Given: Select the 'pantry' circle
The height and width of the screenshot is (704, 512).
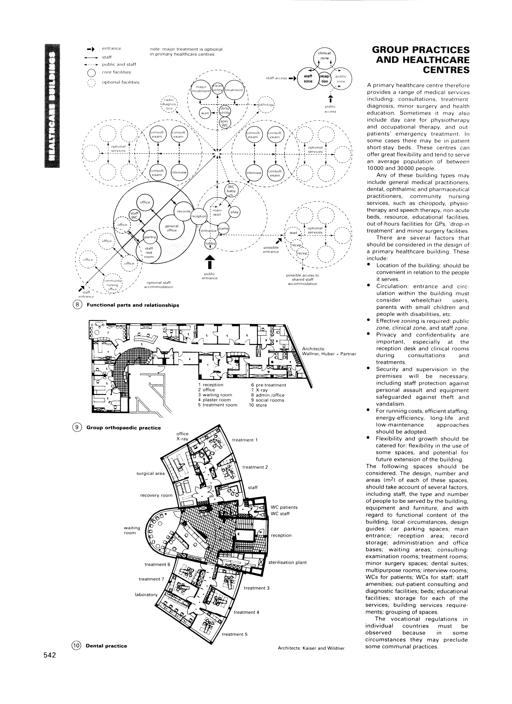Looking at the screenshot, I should [150, 237].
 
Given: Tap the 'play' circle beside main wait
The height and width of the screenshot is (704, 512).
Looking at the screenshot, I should [234, 212].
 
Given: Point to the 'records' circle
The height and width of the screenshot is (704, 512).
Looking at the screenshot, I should [183, 211].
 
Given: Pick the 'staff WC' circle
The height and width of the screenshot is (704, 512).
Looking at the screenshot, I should [134, 215].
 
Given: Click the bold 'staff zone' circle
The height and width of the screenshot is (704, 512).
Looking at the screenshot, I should [308, 78].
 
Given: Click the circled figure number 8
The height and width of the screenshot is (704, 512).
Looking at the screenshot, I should [77, 305].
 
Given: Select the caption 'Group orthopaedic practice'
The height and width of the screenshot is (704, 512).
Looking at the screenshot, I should [123, 428].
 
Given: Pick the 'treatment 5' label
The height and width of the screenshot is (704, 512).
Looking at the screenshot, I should [234, 634].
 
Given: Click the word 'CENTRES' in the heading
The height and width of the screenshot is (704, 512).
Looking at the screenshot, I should [446, 70].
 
